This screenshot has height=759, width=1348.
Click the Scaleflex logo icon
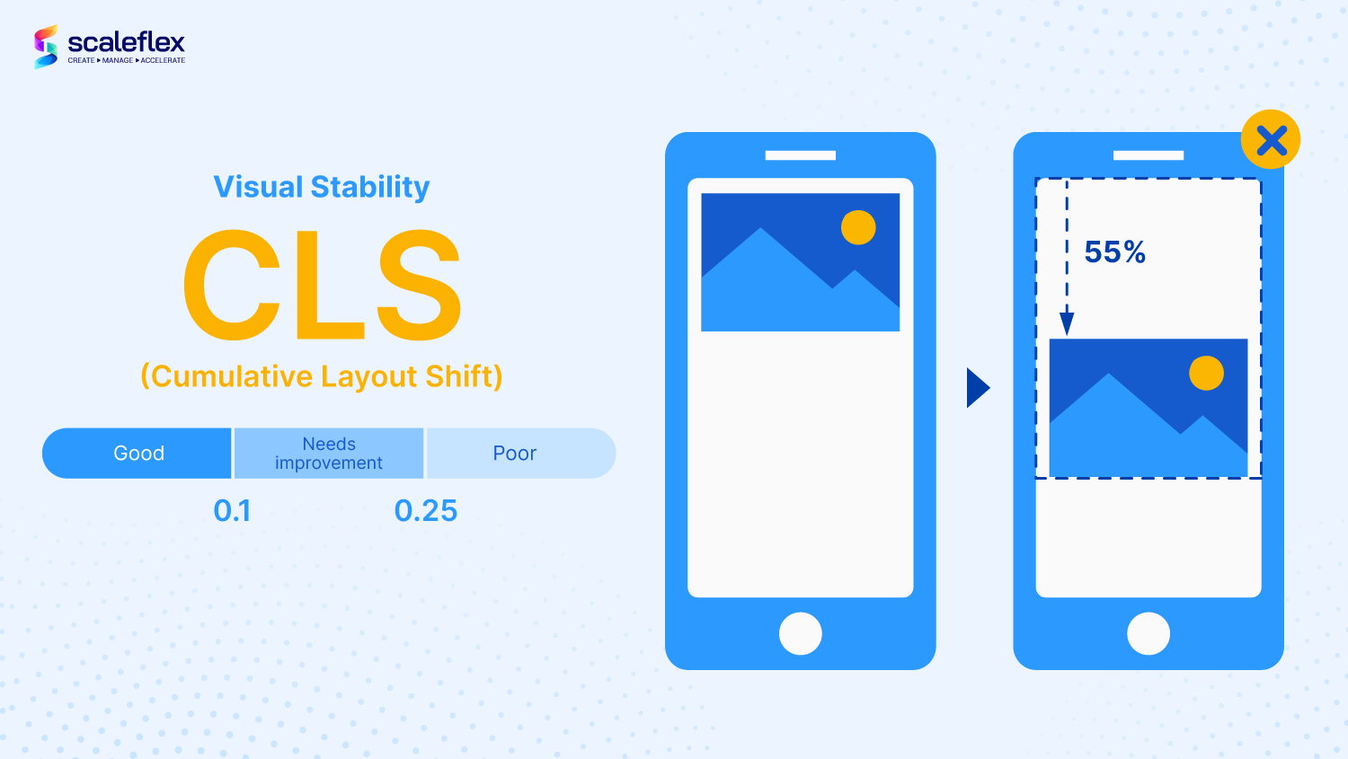[x=46, y=47]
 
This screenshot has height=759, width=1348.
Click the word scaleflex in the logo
[x=127, y=42]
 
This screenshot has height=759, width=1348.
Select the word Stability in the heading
[x=370, y=187]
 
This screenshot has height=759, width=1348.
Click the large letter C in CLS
[x=232, y=284]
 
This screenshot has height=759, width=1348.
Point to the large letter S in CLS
[x=419, y=284]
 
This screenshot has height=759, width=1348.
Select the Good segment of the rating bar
[x=137, y=453]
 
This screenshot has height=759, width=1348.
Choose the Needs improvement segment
[x=329, y=453]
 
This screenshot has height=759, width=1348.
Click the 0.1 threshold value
[x=232, y=510]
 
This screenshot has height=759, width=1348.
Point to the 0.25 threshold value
[x=425, y=510]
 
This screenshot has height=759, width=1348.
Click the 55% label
[x=1114, y=252]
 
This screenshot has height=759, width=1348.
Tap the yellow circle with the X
[x=1271, y=139]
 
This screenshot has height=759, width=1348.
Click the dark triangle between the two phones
[x=978, y=388]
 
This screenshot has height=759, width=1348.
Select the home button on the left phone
[x=801, y=634]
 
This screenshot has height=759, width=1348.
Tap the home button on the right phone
[x=1148, y=634]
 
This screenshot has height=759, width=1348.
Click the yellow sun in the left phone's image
[x=858, y=227]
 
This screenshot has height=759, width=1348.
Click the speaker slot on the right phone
[x=1148, y=155]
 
